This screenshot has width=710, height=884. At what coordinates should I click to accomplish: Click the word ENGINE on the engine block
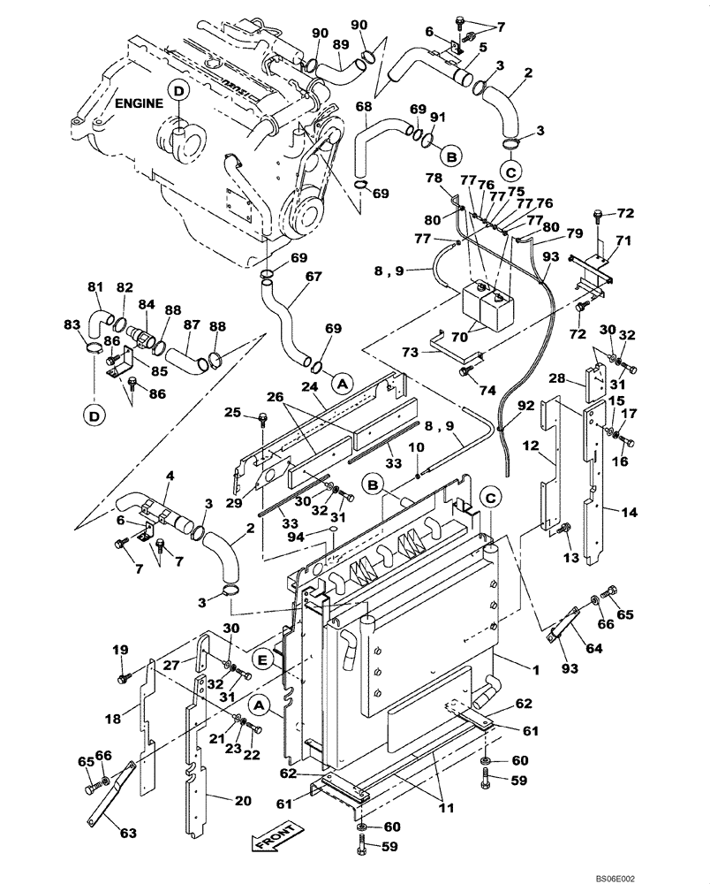point(140,103)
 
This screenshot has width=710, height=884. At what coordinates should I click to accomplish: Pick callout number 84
point(147,305)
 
